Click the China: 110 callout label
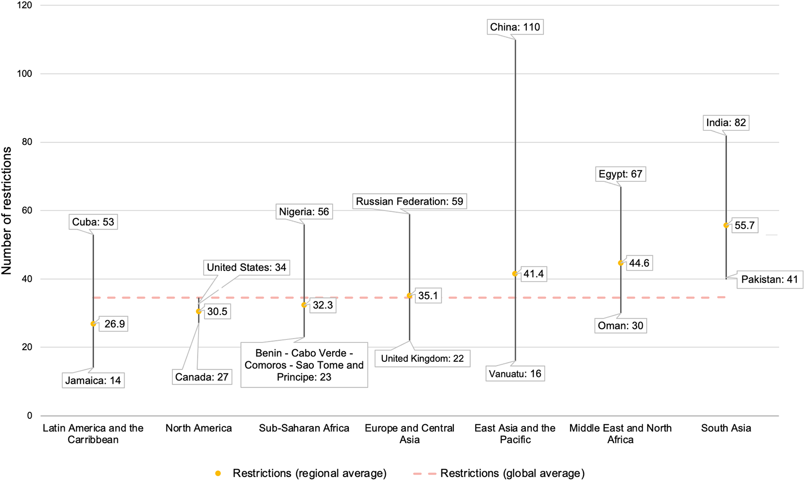click(x=515, y=27)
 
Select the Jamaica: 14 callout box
click(x=93, y=380)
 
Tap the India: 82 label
click(x=726, y=123)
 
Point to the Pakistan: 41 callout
click(x=769, y=280)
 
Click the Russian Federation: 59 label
click(x=409, y=201)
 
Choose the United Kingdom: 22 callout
click(x=422, y=359)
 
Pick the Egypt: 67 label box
click(x=620, y=174)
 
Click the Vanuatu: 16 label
click(x=515, y=374)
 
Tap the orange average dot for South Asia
click(x=726, y=226)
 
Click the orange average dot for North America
click(x=198, y=312)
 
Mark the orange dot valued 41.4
click(x=515, y=274)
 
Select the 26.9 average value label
click(x=114, y=324)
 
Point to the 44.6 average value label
click(x=639, y=263)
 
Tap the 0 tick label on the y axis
click(x=30, y=416)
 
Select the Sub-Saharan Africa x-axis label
click(x=304, y=428)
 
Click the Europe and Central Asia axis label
click(x=410, y=434)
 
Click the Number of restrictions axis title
click(x=7, y=211)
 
